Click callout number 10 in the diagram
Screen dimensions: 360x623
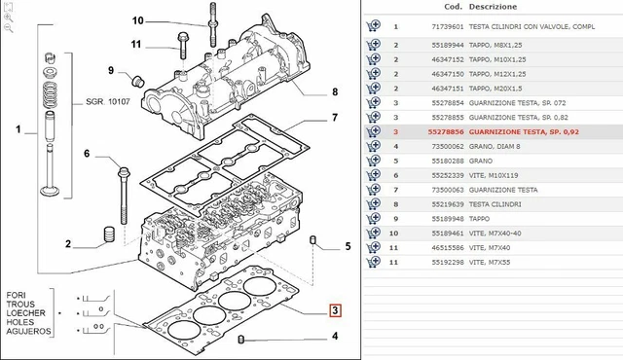tap(137, 20)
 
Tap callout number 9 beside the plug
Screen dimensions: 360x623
tap(111, 69)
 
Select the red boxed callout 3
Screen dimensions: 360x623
tap(334, 311)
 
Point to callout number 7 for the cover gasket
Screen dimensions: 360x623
tap(333, 118)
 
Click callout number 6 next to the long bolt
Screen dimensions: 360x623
tap(86, 154)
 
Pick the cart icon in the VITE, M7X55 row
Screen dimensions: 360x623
tap(373, 262)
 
